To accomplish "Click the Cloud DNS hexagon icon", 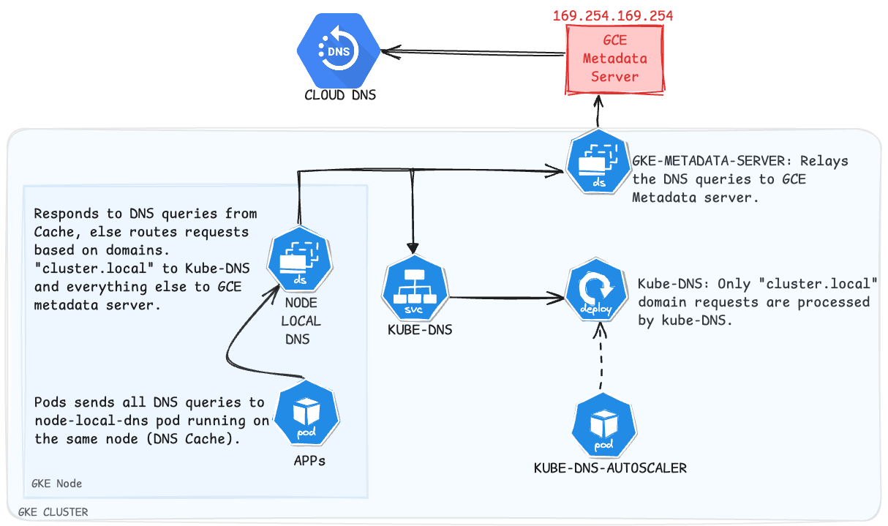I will tap(339, 52).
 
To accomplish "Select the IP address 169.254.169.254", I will tap(613, 15).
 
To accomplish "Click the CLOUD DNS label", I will tap(340, 95).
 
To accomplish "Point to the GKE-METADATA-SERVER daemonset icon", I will tap(598, 162).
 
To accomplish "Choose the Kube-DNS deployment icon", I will tap(597, 296).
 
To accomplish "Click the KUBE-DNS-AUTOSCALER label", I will tap(610, 467).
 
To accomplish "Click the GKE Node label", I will tap(57, 484).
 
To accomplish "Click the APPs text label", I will tap(309, 461).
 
